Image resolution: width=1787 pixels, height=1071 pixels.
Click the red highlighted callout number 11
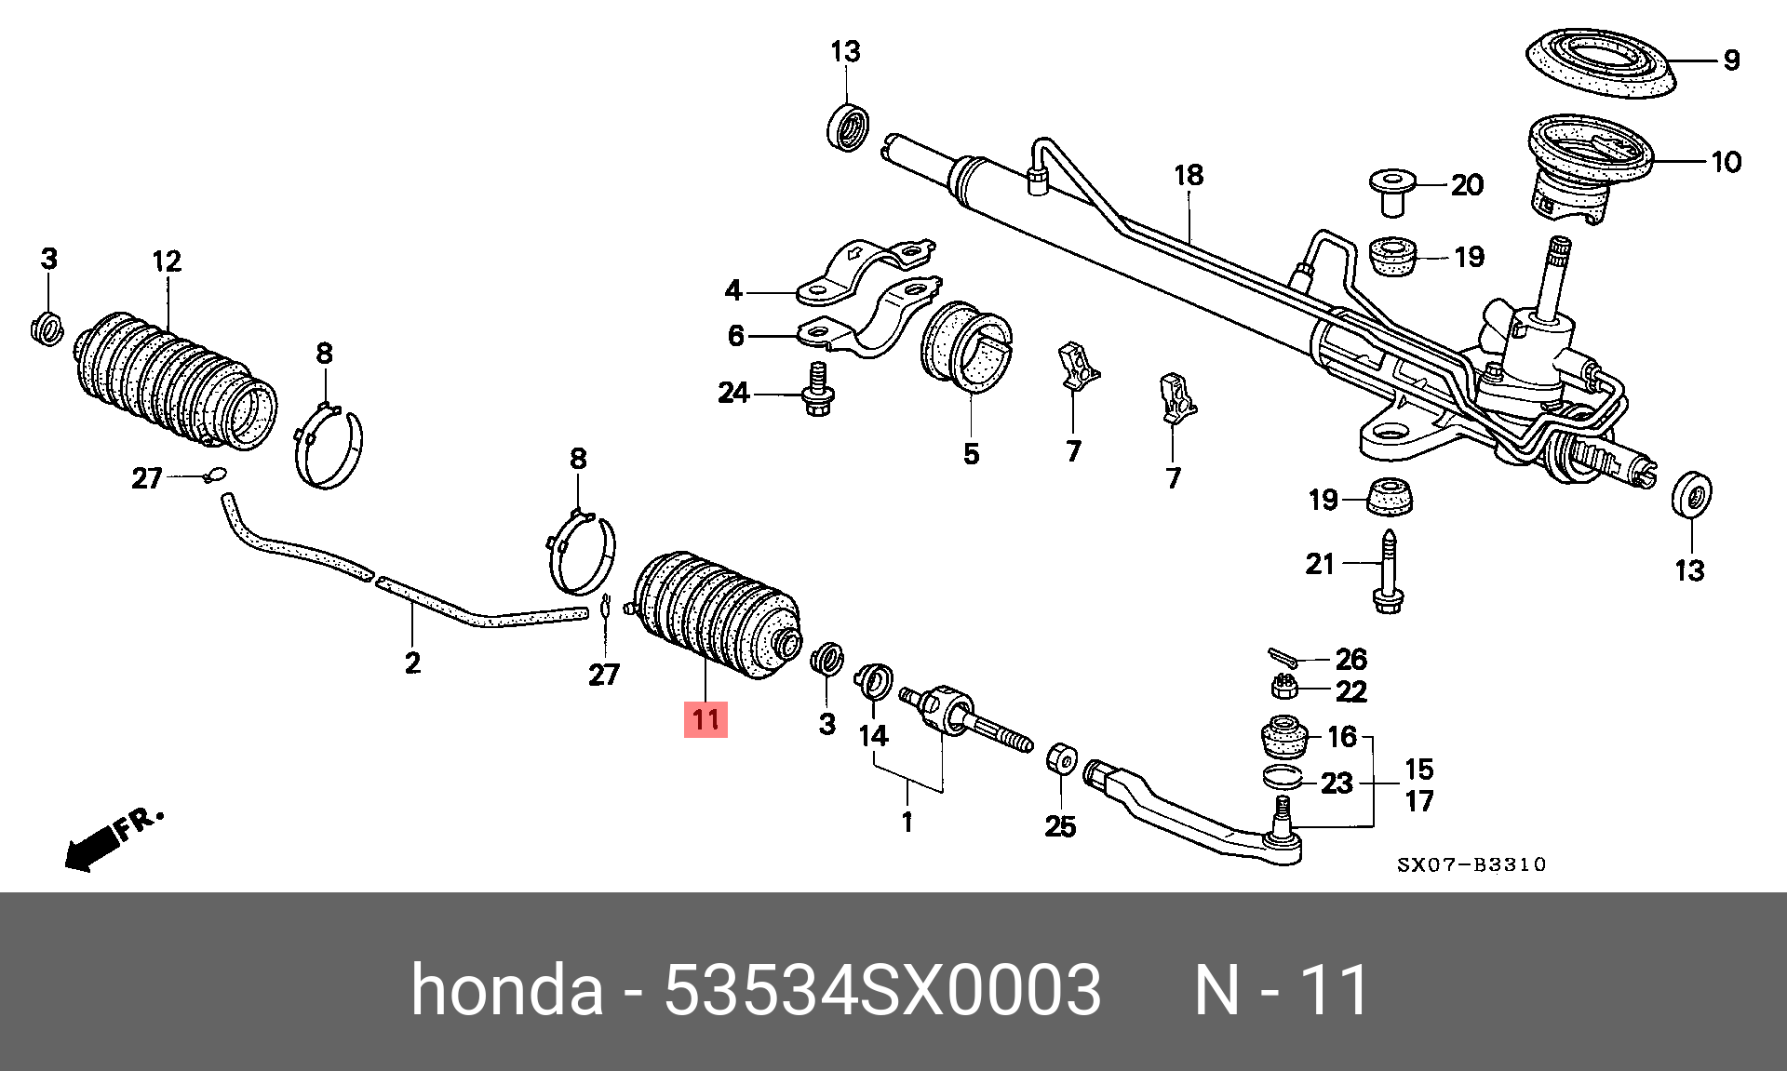[705, 719]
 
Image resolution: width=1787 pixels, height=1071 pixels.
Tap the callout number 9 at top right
[1731, 60]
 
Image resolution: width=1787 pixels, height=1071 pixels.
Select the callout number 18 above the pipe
[1189, 175]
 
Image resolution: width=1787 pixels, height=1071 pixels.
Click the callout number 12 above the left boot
[167, 261]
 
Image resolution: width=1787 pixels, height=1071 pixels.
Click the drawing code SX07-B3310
[1471, 864]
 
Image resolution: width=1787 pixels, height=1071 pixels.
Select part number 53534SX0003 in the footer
[881, 990]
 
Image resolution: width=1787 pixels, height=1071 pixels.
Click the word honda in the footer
[506, 990]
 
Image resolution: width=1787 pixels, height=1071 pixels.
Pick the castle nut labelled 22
[1284, 688]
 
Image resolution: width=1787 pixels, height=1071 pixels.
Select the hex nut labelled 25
[1062, 759]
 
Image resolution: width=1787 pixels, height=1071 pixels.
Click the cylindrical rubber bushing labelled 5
[968, 343]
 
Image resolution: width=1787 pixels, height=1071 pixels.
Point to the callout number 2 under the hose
[412, 663]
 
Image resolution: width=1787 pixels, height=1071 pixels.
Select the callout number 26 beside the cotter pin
[1350, 660]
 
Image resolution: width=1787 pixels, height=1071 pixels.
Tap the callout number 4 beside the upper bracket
[733, 290]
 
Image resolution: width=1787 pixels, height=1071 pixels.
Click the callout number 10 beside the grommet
[1726, 162]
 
